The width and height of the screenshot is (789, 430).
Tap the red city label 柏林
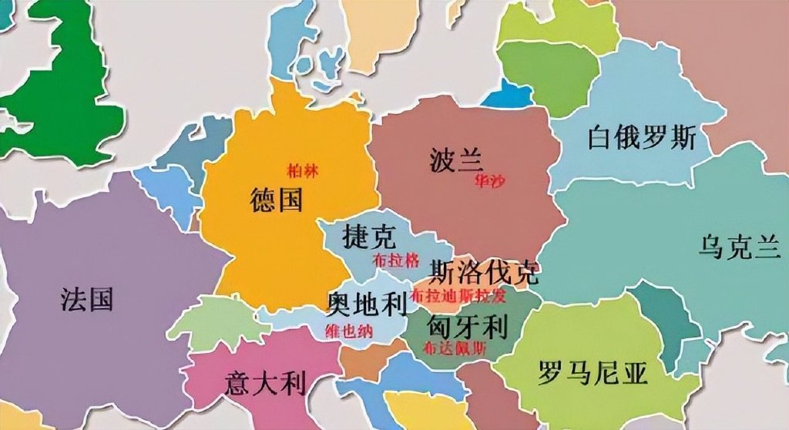[x=300, y=170]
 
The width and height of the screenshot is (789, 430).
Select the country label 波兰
[x=456, y=161]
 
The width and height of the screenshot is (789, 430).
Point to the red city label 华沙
[x=490, y=180]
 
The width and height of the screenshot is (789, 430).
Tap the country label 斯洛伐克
[x=484, y=271]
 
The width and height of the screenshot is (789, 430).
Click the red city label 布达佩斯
[x=455, y=348]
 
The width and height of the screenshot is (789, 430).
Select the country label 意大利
[x=265, y=381]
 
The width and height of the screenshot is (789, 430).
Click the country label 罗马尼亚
[x=593, y=373]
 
